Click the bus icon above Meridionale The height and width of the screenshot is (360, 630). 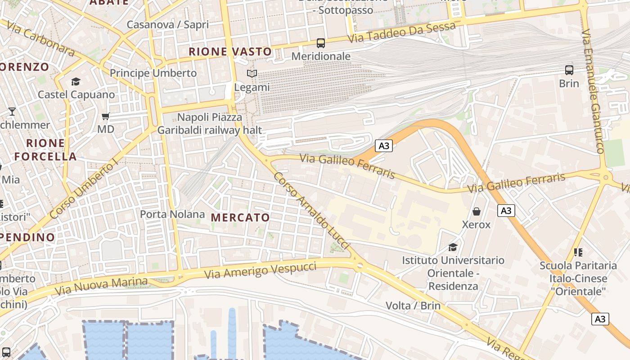pyautogui.click(x=320, y=43)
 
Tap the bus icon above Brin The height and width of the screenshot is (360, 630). pyautogui.click(x=569, y=70)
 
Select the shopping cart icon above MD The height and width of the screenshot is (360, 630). pyautogui.click(x=106, y=117)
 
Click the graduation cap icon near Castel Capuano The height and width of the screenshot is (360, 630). pyautogui.click(x=76, y=81)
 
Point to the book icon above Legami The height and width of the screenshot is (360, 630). pyautogui.click(x=252, y=73)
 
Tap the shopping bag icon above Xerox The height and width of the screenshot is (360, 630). pyautogui.click(x=477, y=211)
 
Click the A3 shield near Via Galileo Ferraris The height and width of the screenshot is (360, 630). pyautogui.click(x=383, y=146)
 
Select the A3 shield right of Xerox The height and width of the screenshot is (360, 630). pyautogui.click(x=506, y=210)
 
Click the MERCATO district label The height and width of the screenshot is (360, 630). pyautogui.click(x=240, y=218)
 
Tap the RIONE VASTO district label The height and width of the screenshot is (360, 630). pyautogui.click(x=230, y=52)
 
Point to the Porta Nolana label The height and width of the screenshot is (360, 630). pyautogui.click(x=172, y=214)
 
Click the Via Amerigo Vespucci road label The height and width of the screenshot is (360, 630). pyautogui.click(x=260, y=270)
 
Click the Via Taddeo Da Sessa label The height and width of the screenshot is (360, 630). pyautogui.click(x=402, y=33)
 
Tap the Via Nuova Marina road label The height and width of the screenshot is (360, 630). pyautogui.click(x=101, y=286)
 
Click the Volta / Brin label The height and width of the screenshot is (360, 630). pyautogui.click(x=413, y=306)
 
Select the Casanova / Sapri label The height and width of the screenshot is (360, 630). pyautogui.click(x=167, y=24)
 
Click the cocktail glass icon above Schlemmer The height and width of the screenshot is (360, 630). pyautogui.click(x=12, y=111)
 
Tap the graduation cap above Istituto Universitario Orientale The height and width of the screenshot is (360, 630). pyautogui.click(x=453, y=247)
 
